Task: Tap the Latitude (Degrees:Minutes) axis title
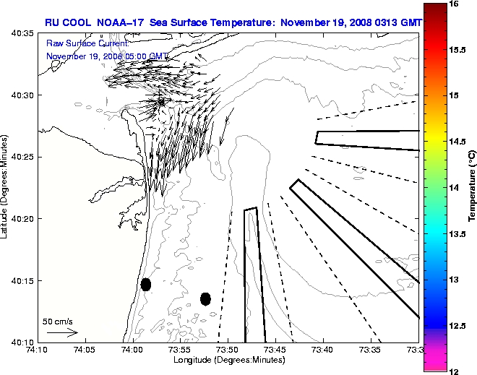[x=6, y=187]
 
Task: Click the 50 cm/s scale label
[x=58, y=321]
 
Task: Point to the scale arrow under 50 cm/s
[x=62, y=332]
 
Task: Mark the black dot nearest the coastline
[x=146, y=284]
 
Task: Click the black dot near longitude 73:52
[x=205, y=298]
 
